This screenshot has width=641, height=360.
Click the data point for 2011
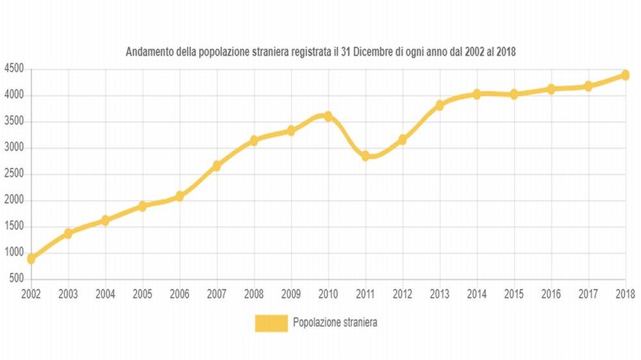365,156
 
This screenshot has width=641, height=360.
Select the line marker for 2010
328,116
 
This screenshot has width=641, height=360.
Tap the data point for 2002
31,259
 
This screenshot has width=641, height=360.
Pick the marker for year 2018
625,75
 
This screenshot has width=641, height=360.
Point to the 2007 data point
217,166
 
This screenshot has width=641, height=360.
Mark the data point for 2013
440,105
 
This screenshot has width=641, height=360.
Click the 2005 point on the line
142,206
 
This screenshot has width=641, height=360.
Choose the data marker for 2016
551,89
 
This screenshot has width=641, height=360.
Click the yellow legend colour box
271,323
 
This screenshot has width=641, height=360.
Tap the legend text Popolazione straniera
335,323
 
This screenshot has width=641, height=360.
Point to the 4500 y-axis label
13,69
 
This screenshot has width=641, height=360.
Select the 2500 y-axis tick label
13,174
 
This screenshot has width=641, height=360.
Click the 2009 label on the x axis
291,294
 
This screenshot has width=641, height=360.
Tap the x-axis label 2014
476,294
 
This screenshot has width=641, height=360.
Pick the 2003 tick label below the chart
68,294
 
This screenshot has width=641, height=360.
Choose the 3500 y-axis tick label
13,122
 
